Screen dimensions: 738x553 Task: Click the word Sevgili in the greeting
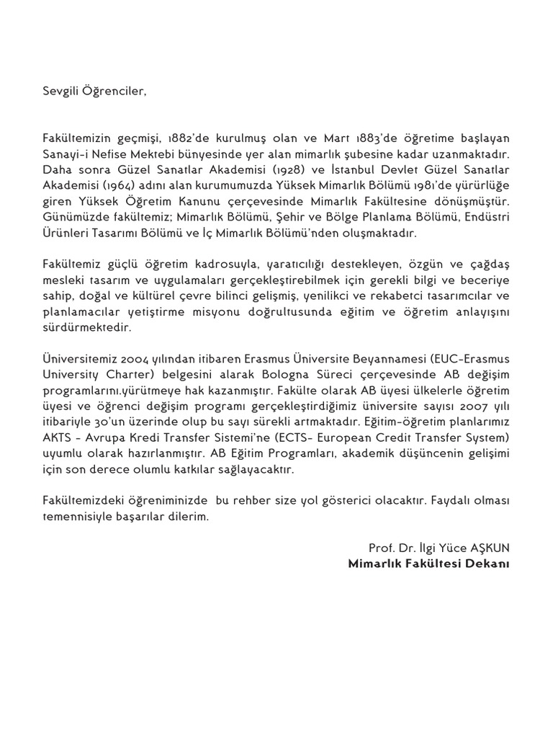coord(60,92)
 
